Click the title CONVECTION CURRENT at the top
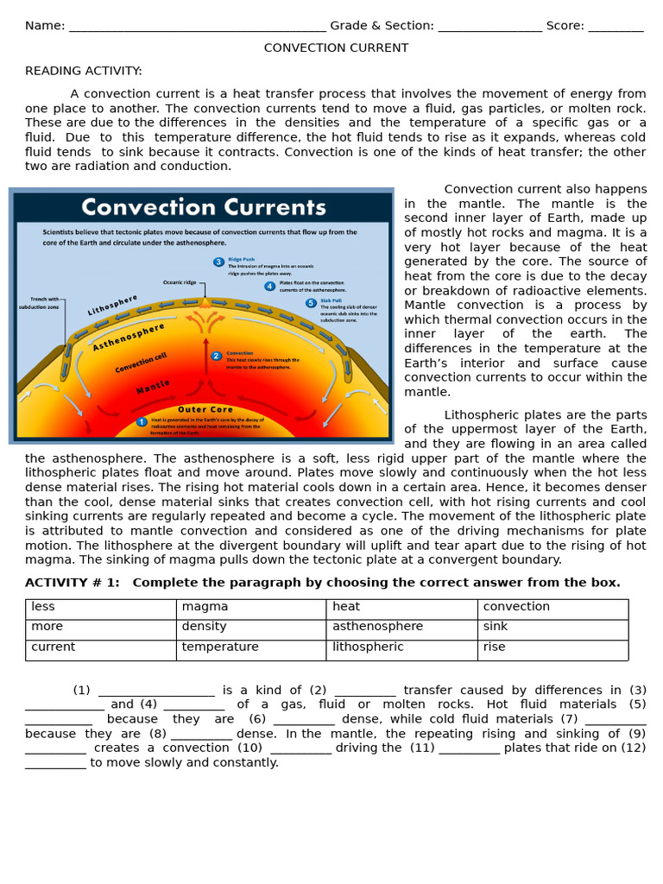pos(336,47)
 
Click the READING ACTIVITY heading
pos(84,71)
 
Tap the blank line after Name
pos(197,26)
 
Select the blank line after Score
pos(616,26)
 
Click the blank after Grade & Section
pos(489,26)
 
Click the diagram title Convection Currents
pos(204,207)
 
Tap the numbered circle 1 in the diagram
pos(142,421)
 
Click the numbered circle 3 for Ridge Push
pos(218,262)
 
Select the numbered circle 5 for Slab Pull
pos(311,303)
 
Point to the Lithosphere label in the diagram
pos(112,306)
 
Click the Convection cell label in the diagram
pos(141,363)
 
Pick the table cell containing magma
pos(251,608)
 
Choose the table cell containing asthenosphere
pos(401,628)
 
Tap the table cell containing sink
pos(552,628)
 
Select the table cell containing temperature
pos(251,648)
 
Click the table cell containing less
pos(100,608)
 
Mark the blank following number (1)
pos(156,691)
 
